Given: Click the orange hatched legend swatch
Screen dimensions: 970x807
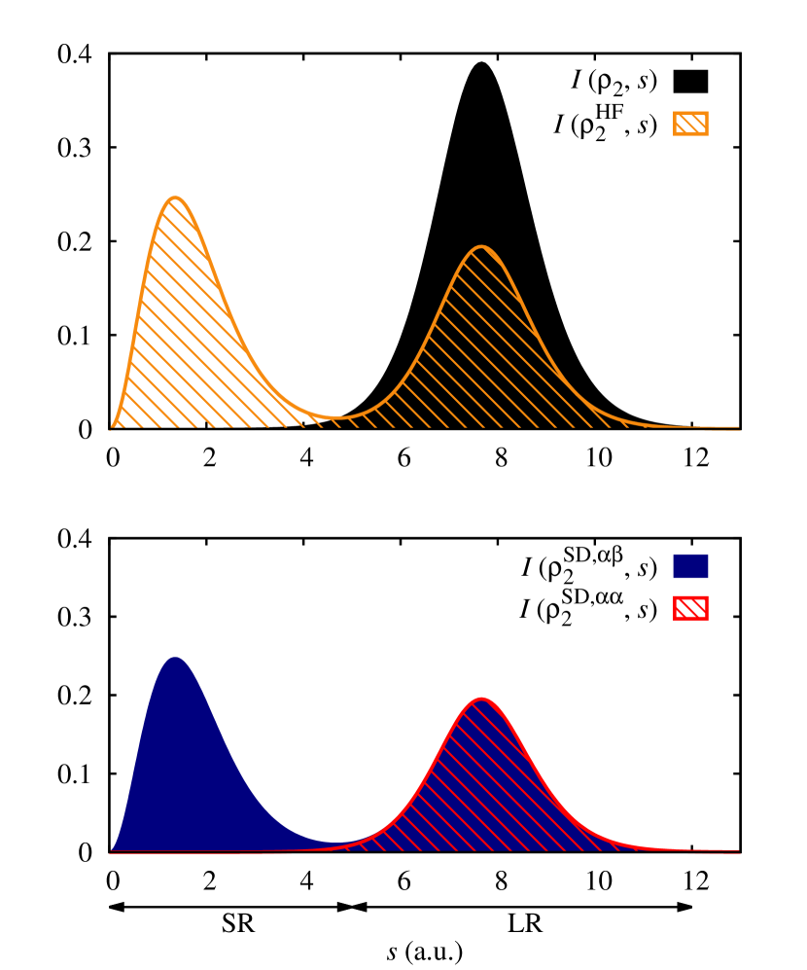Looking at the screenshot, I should pos(690,124).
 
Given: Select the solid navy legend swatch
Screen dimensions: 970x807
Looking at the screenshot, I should pos(690,566).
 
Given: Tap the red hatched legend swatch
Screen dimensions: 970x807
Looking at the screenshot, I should pos(690,608).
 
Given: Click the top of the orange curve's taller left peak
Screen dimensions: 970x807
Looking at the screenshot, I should pos(175,198).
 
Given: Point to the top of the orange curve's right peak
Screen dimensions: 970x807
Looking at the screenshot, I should pos(481,247).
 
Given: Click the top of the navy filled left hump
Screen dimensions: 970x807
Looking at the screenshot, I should pos(175,658).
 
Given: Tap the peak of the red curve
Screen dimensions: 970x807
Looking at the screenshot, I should pos(481,699).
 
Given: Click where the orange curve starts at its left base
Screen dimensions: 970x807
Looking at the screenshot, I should pos(113,426).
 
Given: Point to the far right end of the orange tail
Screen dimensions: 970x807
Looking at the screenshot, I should pos(738,427).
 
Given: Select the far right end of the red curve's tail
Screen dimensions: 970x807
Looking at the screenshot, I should pos(738,851).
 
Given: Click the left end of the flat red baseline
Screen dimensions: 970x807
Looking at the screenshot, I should pos(111,852).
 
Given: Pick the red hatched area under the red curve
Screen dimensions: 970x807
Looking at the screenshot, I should pos(481,788).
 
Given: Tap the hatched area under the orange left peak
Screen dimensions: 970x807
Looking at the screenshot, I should pos(180,331).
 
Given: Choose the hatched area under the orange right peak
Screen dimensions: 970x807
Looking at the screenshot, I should pos(481,350).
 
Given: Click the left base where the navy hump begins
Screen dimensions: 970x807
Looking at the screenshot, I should pos(113,849).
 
